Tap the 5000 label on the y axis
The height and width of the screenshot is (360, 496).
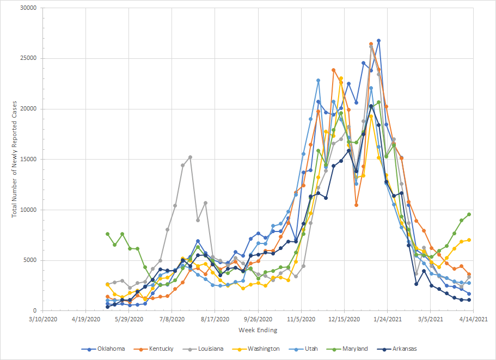29,260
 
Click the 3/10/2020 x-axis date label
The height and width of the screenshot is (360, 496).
43,319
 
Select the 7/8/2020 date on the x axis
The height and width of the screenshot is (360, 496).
173,319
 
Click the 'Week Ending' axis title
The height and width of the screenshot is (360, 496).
258,330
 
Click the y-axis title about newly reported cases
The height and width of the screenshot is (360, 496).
15,159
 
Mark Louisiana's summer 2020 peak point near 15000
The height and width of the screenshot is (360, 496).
190,157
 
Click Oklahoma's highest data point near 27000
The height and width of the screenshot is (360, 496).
378,41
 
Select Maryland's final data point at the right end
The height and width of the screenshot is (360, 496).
469,214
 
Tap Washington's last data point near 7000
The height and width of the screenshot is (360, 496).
469,240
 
